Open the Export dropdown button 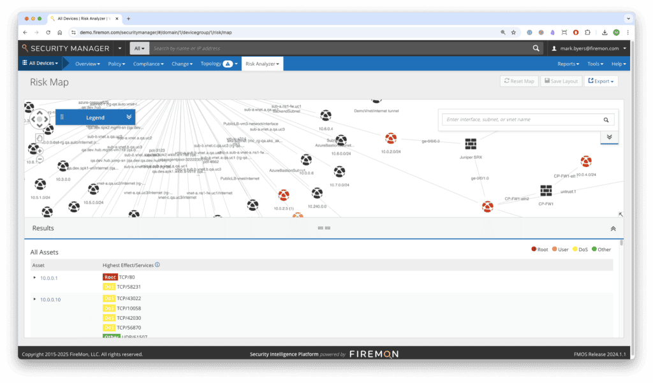point(601,81)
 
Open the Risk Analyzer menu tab point(262,64)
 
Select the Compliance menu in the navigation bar point(148,64)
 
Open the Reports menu point(568,64)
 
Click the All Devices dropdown point(40,63)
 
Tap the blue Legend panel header point(96,117)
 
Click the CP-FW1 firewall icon point(546,191)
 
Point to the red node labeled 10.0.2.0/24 point(391,138)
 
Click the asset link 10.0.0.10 point(50,299)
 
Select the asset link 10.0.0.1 point(48,278)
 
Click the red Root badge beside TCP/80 point(110,277)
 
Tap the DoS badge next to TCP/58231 point(109,287)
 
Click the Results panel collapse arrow point(613,228)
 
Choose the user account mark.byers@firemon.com point(589,48)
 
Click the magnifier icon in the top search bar point(536,48)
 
